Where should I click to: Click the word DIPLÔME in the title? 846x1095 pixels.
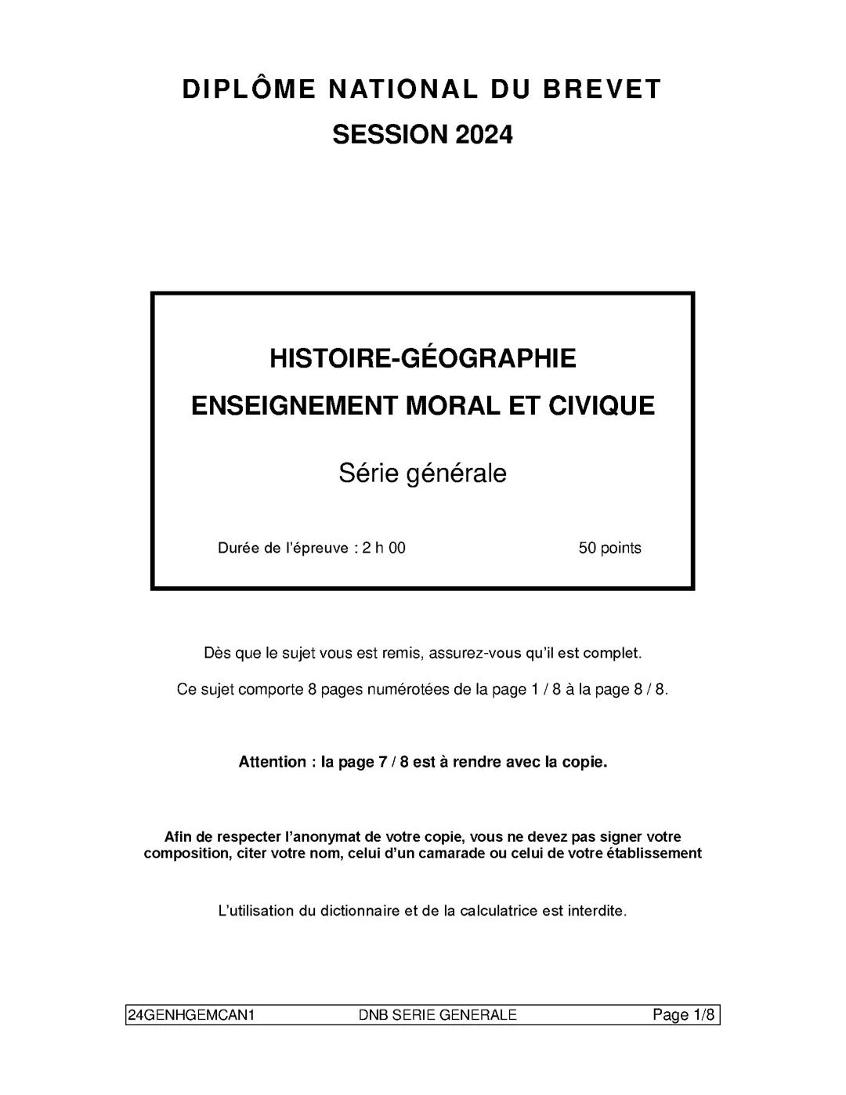[249, 89]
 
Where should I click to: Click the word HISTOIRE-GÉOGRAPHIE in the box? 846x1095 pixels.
[423, 358]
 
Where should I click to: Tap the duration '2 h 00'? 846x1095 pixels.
[384, 548]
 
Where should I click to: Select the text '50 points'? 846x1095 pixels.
[609, 548]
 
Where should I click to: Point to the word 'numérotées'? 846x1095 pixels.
[407, 690]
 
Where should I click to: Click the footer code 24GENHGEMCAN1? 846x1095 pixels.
[191, 1015]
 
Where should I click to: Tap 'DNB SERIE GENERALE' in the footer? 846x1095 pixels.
[437, 1015]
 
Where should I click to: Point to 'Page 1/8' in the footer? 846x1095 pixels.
[684, 1015]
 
